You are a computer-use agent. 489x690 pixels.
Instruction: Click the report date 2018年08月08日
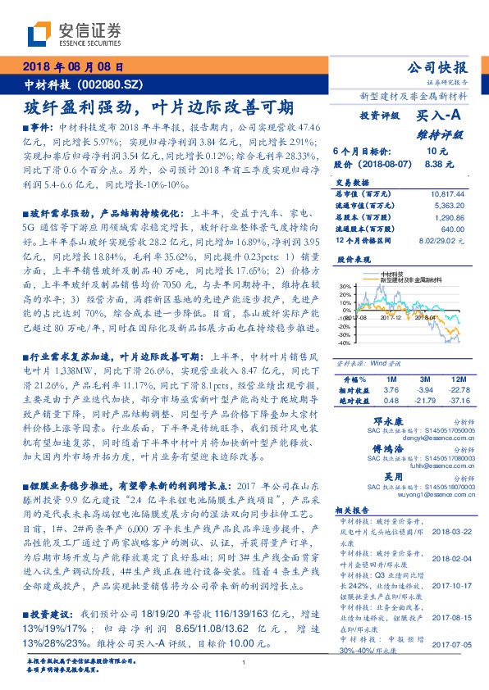pyautogui.click(x=72, y=66)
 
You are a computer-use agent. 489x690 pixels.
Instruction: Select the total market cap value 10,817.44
pyautogui.click(x=446, y=193)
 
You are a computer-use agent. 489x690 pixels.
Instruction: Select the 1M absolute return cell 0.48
pyautogui.click(x=391, y=400)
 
